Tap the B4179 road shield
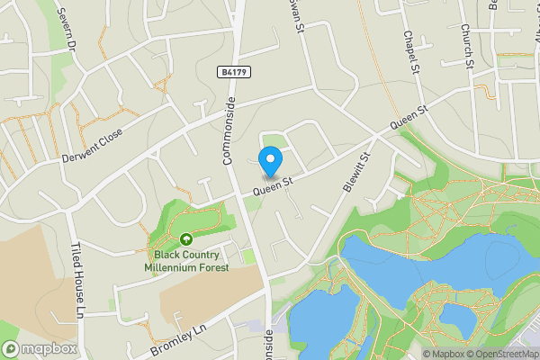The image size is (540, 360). point(231,71)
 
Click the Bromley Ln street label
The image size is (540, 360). point(180,337)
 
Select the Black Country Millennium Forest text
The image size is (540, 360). point(186,261)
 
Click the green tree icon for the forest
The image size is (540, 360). point(185,239)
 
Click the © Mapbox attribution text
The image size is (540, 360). point(445,354)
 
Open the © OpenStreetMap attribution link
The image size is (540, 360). point(502,354)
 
